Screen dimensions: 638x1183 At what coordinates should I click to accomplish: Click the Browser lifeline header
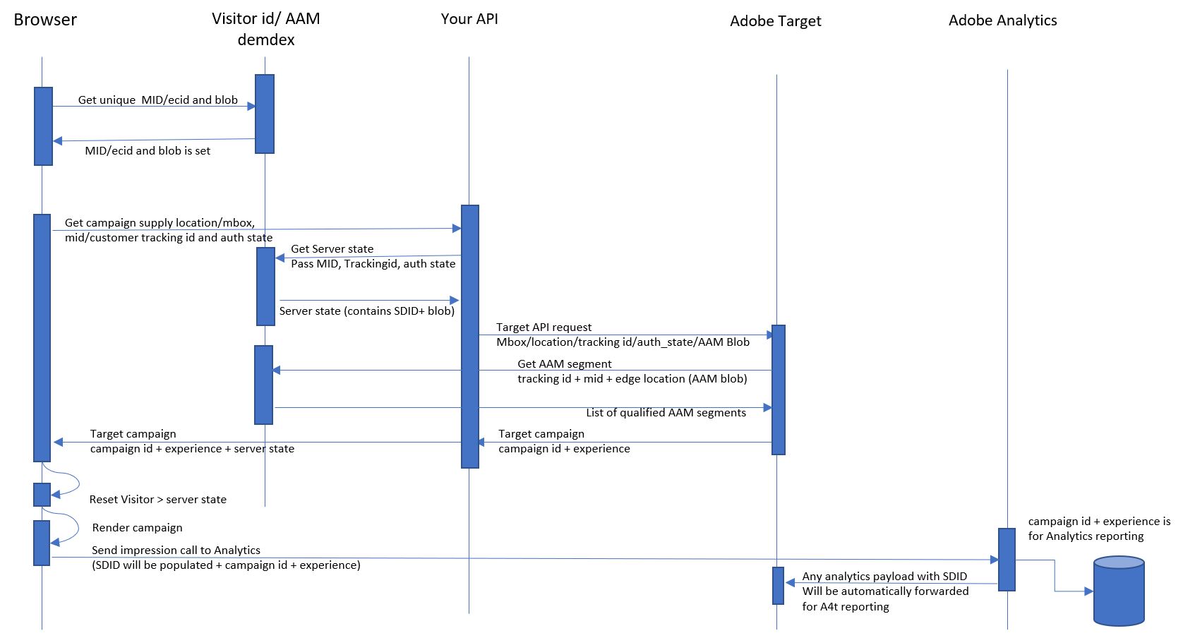click(45, 20)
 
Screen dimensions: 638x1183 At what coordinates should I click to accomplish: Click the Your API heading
click(469, 19)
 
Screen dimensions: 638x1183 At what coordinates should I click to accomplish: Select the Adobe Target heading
click(775, 21)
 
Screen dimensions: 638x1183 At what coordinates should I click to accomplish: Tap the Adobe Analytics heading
click(1002, 20)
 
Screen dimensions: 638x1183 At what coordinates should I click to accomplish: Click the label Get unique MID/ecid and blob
click(157, 100)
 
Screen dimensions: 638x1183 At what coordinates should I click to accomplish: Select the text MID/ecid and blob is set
click(148, 151)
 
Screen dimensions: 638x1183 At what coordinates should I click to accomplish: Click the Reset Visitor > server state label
click(157, 500)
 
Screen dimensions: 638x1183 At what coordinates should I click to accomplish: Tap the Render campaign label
click(137, 528)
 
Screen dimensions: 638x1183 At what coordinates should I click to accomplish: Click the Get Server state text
click(332, 249)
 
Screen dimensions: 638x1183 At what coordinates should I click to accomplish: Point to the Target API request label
click(544, 327)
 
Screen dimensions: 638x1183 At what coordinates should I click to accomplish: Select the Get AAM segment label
click(564, 364)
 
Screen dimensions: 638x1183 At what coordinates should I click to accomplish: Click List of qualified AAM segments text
click(666, 413)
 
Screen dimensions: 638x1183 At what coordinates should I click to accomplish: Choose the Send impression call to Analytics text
click(176, 550)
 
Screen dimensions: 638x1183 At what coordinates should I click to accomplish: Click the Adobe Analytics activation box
click(1007, 559)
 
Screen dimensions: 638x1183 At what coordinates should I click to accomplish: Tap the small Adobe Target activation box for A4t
click(778, 586)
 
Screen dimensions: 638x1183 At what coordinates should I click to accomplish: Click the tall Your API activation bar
click(470, 336)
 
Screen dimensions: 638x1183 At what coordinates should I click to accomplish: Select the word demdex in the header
click(266, 40)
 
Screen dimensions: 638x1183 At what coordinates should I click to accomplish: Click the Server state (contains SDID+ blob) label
click(366, 311)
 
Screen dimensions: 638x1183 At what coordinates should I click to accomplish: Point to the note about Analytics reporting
click(1098, 529)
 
